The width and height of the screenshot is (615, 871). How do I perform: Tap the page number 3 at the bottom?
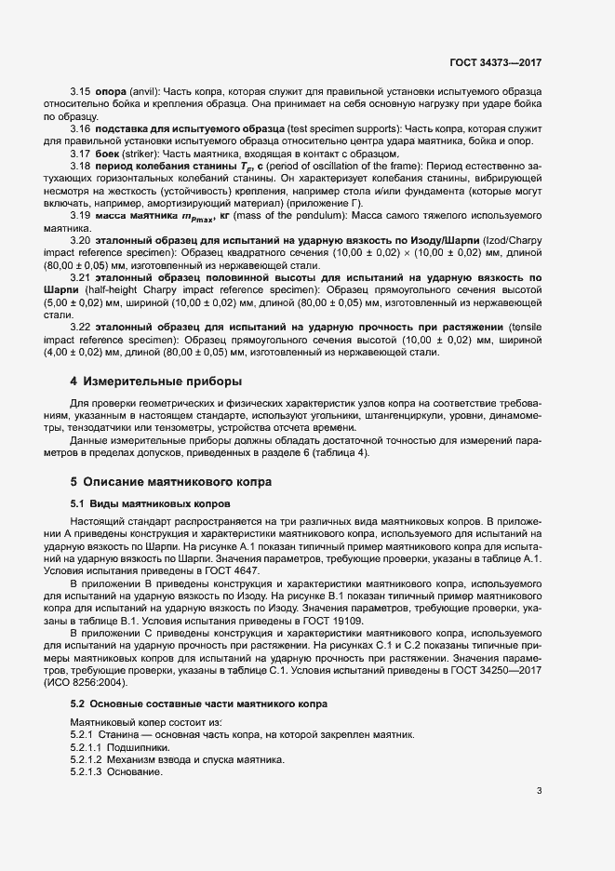pyautogui.click(x=539, y=792)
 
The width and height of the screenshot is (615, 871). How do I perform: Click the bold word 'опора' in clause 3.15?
pyautogui.click(x=111, y=92)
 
